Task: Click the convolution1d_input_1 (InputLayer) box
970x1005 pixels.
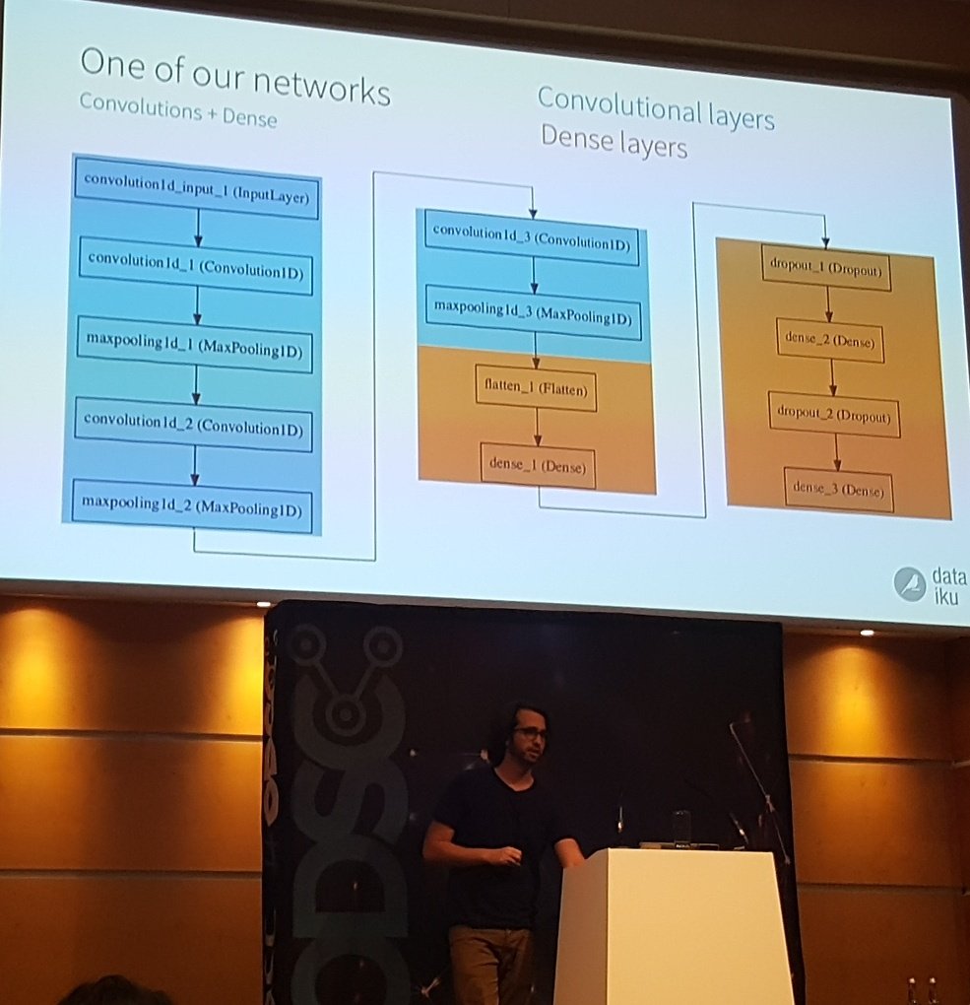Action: click(197, 188)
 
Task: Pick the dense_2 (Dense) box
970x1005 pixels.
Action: click(829, 341)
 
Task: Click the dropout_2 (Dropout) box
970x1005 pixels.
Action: click(833, 416)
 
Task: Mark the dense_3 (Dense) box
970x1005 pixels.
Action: click(839, 490)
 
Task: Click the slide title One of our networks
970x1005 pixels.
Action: click(234, 77)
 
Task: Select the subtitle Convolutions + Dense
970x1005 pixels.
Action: click(177, 111)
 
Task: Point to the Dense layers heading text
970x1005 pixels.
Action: click(613, 146)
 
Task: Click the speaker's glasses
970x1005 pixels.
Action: click(530, 734)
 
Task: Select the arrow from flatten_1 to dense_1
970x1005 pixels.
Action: click(537, 426)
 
